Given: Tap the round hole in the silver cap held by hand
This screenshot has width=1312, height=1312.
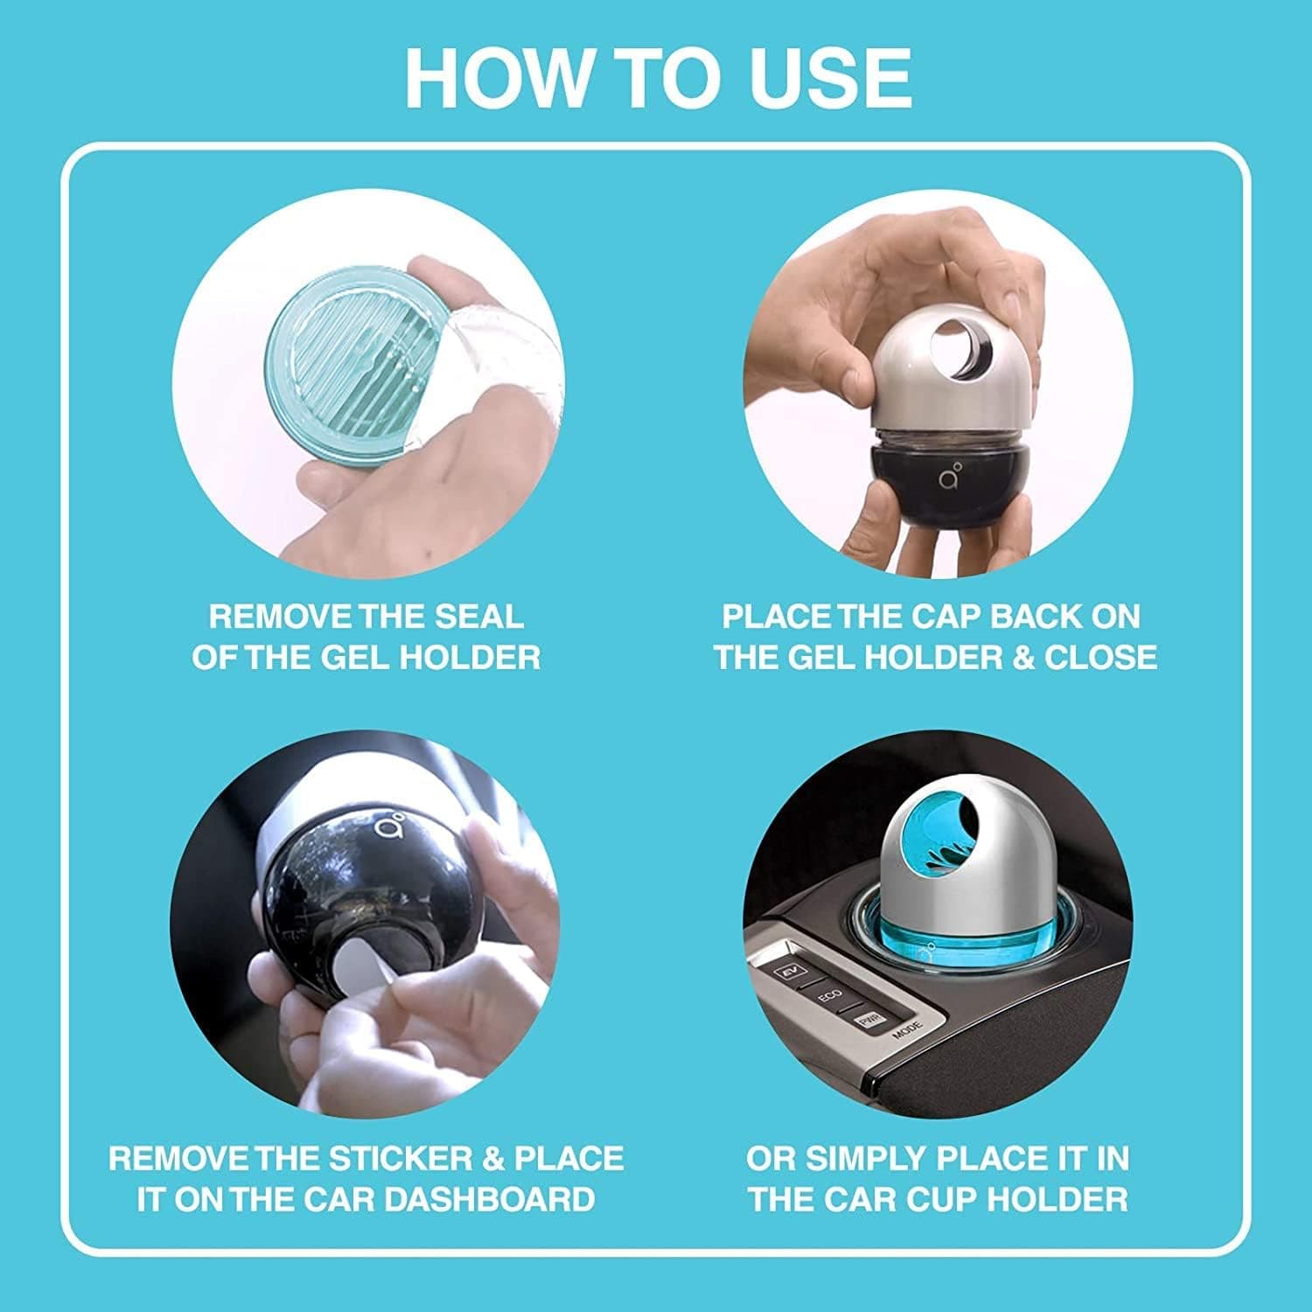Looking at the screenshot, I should [958, 354].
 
